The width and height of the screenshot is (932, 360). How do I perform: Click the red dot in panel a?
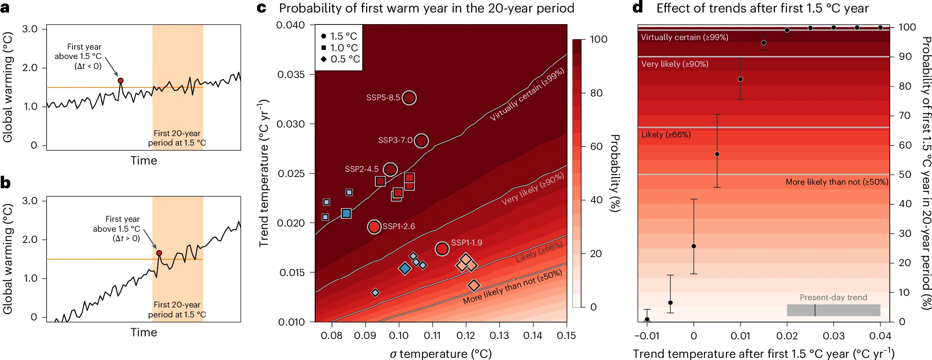121,81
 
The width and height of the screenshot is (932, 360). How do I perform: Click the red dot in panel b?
159,253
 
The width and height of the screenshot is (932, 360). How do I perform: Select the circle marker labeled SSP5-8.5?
409,98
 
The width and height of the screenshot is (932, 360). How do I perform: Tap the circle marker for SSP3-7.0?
421,140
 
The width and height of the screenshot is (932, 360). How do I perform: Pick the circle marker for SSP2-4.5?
390,169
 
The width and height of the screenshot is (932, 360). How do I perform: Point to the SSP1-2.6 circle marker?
374,226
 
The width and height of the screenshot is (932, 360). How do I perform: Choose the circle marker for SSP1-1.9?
442,248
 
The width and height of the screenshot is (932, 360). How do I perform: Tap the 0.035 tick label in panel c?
291,74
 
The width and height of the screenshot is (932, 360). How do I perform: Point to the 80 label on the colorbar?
596,93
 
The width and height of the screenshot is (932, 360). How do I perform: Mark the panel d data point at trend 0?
694,246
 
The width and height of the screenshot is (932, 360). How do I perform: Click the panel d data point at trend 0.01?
740,79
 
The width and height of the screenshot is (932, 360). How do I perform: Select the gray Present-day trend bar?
833,310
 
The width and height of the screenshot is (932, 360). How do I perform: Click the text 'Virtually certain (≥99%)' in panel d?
684,37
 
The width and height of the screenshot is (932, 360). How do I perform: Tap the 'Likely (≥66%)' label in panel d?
666,135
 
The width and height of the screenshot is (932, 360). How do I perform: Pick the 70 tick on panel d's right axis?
905,115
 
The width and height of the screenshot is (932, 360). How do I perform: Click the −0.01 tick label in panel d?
647,336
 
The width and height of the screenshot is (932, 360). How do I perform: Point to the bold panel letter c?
261,8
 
